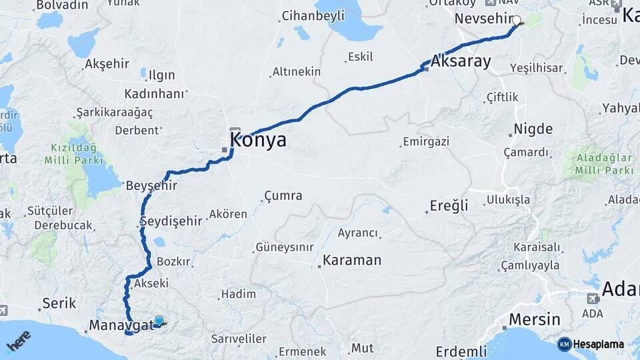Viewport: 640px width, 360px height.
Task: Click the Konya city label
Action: pos(258,140)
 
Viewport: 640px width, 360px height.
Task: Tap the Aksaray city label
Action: pos(461,62)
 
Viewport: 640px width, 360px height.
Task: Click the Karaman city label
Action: pos(352,260)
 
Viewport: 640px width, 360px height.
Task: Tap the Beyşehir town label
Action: pos(152,186)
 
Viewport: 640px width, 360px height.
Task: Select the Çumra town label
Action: pos(283,196)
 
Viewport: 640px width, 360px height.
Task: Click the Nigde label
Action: pos(533,129)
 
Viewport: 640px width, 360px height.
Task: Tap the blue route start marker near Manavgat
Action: pos(159,321)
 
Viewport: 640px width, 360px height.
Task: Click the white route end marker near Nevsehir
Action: pos(517,20)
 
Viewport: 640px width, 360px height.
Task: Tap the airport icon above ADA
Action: pos(593,298)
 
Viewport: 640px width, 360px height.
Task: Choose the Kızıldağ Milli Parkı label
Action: pos(74,153)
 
